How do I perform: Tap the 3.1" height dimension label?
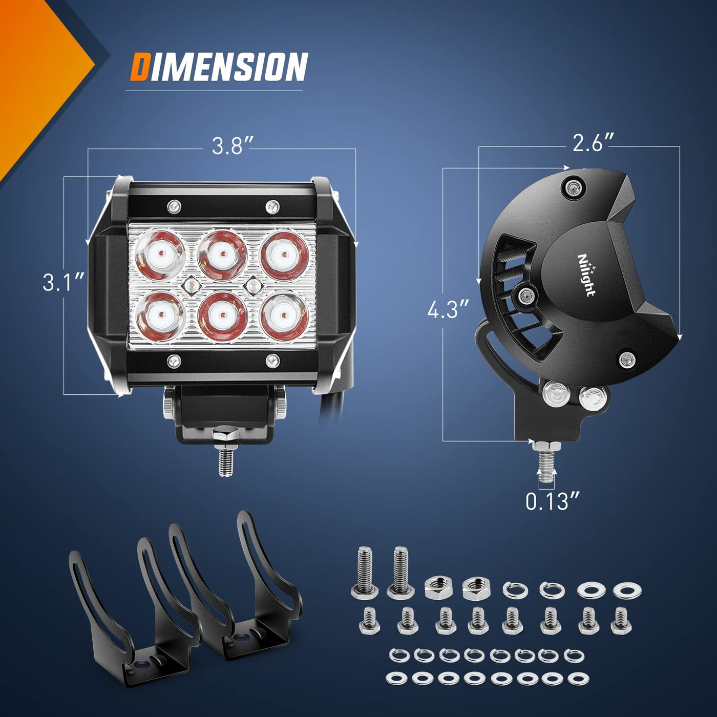pos(64,282)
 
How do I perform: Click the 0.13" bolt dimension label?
pos(553,501)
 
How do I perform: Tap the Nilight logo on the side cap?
pos(586,276)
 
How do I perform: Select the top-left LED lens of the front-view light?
pos(160,254)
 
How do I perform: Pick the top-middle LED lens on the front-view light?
pos(222,254)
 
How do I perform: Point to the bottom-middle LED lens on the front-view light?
pos(222,317)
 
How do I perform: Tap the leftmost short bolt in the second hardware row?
pos(369,621)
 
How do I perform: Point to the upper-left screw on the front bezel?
pos(174,205)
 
